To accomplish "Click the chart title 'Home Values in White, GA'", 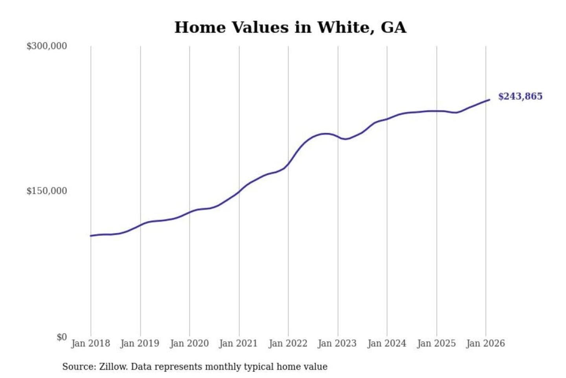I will (290, 28).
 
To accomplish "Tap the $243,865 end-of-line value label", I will (520, 96).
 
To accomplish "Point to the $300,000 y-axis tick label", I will (47, 46).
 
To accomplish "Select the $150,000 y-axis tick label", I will (47, 191).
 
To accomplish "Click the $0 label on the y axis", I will (62, 337).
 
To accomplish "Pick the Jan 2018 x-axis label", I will (90, 343).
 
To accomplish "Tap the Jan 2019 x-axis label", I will (140, 343).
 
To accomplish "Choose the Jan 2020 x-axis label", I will (189, 343).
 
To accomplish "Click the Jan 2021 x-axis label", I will (238, 343).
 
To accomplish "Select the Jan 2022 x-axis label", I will (288, 343).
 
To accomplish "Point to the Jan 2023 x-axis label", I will (337, 343).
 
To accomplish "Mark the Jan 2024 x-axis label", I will (386, 343).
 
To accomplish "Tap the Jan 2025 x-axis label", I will (436, 343).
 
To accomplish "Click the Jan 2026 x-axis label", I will (485, 343).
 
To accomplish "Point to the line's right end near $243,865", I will (489, 100).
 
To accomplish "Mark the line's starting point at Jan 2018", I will (91, 235).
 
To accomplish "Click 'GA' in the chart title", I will (393, 28).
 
